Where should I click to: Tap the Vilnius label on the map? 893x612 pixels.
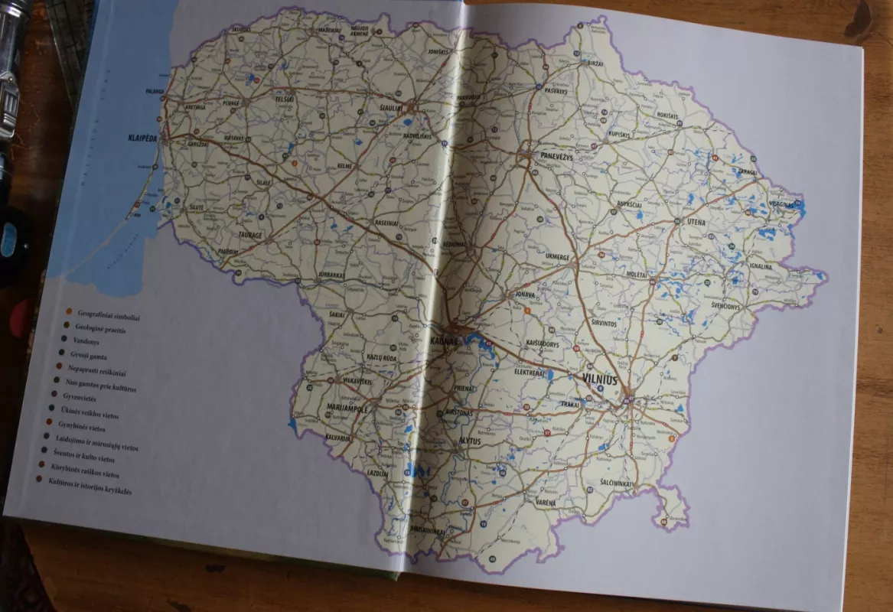coord(599,379)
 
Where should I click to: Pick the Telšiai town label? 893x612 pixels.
coord(285,99)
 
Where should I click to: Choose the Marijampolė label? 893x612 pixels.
coord(347,409)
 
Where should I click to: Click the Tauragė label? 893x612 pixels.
coord(249,235)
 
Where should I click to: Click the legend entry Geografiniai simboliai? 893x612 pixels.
coord(109,314)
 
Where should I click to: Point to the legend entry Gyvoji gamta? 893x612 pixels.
coord(86,356)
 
